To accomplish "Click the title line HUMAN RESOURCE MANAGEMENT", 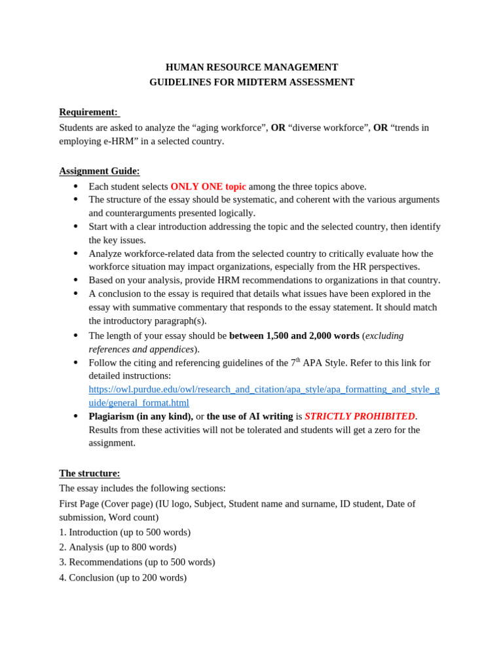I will point(251,67).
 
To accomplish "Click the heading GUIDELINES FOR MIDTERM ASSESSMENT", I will point(251,83).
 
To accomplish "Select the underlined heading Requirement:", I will point(88,112).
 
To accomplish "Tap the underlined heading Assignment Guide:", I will point(100,171).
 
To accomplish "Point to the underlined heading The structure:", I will point(90,473).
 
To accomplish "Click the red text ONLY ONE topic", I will point(208,187).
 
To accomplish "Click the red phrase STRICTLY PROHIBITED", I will point(360,416).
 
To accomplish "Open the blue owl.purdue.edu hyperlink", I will point(264,396).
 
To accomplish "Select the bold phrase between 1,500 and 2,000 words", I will point(294,335).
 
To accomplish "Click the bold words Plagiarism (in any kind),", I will point(141,416).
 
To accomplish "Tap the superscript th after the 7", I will point(298,360).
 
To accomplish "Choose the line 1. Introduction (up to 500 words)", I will point(125,532).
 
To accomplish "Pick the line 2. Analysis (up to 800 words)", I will point(118,547).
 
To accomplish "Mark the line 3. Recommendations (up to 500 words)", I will point(137,562).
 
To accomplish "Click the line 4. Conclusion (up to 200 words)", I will point(123,577).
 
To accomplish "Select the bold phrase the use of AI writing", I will point(250,416).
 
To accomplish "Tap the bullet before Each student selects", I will point(76,187).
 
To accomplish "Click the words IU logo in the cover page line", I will point(172,504).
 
